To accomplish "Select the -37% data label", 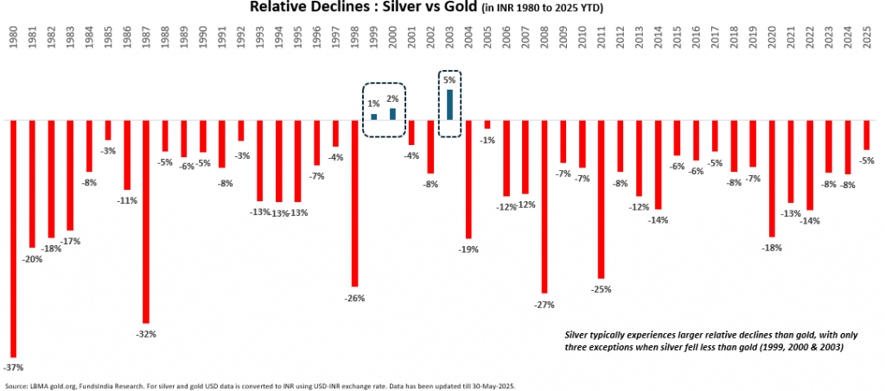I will click(14, 367).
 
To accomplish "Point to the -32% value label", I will click(146, 333).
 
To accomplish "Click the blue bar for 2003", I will click(450, 104).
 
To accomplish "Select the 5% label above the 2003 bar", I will click(449, 80).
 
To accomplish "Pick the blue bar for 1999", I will click(374, 117).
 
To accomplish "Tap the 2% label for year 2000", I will click(393, 98).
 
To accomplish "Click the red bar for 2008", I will click(544, 206).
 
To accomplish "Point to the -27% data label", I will click(544, 304).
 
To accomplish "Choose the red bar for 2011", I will click(602, 199).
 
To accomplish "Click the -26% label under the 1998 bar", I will click(355, 298).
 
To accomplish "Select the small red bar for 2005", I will click(487, 124).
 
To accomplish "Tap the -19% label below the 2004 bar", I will click(469, 249).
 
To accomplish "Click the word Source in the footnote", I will click(16, 386).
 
